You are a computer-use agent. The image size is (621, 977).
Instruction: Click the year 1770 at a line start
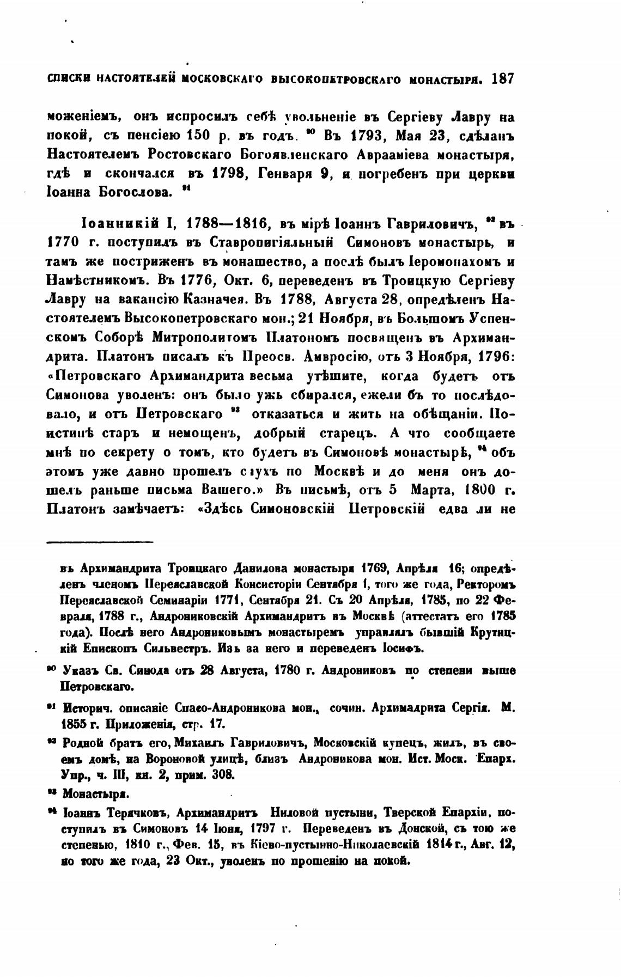tap(63, 242)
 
